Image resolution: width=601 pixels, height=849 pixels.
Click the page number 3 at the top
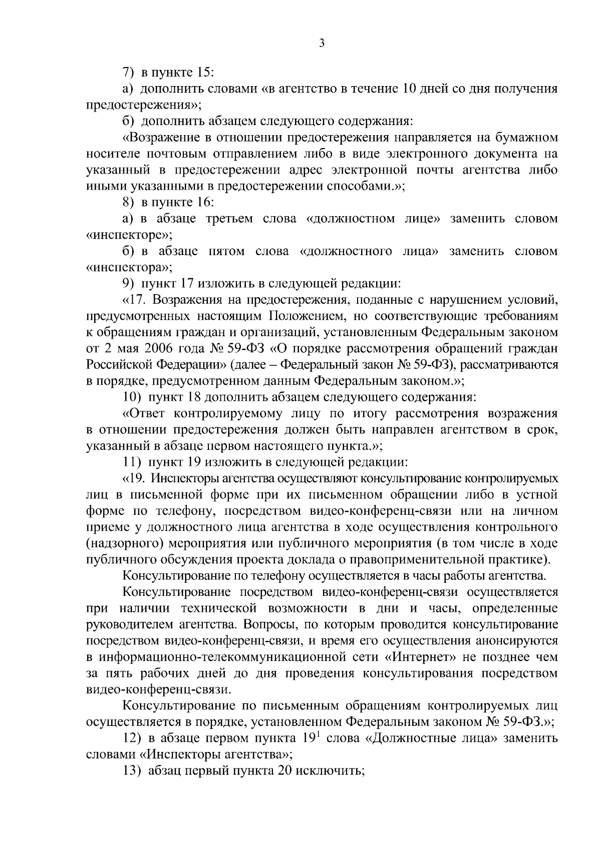click(322, 44)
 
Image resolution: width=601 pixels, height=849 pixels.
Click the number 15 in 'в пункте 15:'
click(205, 73)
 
